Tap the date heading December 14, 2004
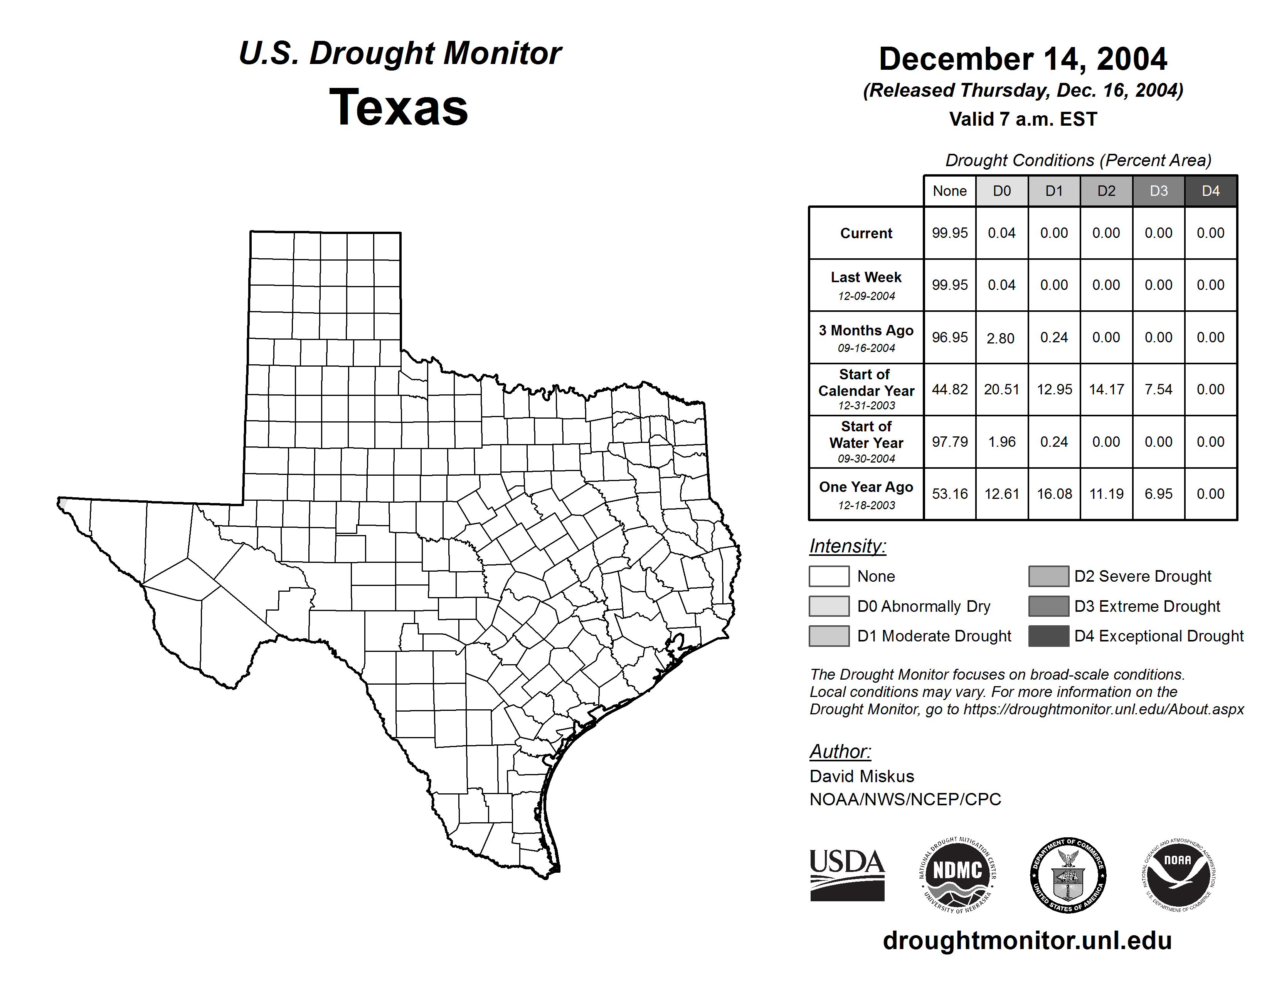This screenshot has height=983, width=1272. (1023, 59)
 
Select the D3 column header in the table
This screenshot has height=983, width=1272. (1158, 191)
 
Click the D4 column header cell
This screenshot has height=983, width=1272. (1211, 191)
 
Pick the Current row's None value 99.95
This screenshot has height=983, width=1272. (949, 233)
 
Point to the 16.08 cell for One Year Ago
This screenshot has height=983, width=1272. (1054, 494)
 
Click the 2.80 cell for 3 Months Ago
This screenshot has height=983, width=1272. (1001, 338)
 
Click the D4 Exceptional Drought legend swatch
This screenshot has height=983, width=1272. (1048, 636)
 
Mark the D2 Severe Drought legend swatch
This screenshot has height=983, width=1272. (1048, 576)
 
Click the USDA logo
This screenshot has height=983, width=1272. (847, 875)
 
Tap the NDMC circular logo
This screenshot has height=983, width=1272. (957, 875)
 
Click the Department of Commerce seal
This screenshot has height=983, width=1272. (1068, 875)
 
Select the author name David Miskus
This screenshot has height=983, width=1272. (861, 776)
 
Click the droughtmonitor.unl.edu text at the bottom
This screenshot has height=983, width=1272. (1027, 941)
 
